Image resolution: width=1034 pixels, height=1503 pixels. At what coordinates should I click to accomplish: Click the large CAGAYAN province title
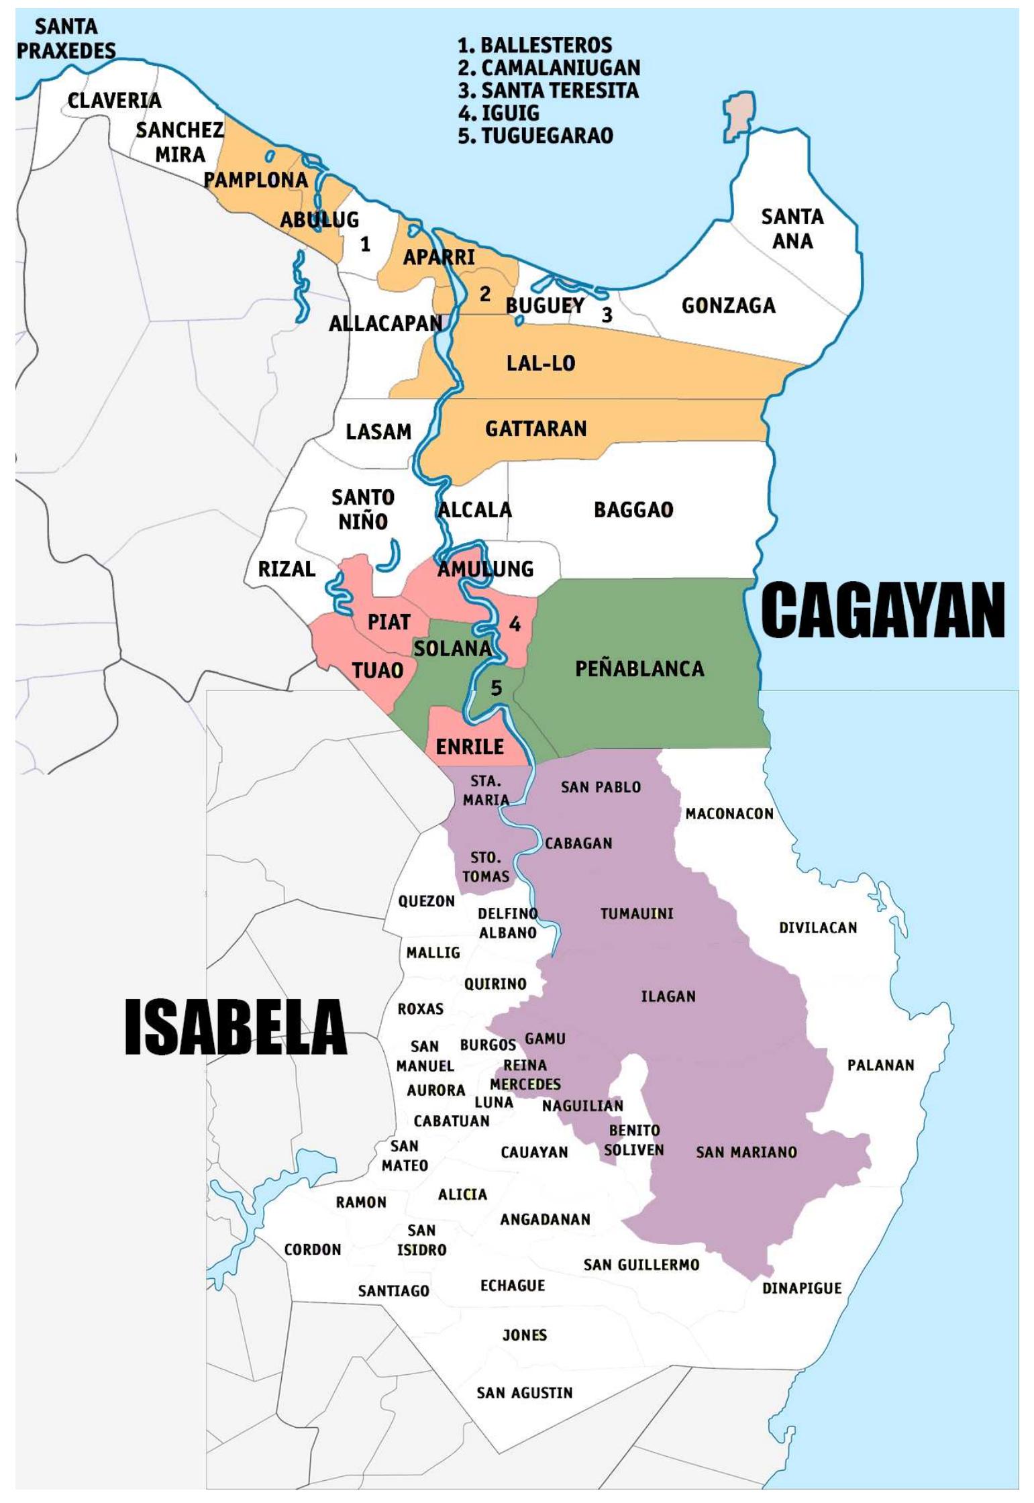pyautogui.click(x=882, y=610)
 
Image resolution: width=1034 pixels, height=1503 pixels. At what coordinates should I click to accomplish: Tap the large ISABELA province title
pyautogui.click(x=236, y=1026)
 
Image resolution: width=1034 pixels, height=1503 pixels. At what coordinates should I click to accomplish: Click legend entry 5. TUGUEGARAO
pyautogui.click(x=535, y=136)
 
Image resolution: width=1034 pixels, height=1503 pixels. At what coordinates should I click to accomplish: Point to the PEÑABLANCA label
pyautogui.click(x=639, y=668)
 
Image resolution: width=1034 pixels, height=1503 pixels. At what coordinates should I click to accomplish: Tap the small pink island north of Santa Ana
pyautogui.click(x=739, y=116)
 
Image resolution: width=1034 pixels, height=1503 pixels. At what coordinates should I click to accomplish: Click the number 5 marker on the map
pyautogui.click(x=496, y=688)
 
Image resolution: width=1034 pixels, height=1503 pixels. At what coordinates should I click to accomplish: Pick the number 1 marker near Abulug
pyautogui.click(x=365, y=244)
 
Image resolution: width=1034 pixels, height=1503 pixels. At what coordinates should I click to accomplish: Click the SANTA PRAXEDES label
pyautogui.click(x=66, y=39)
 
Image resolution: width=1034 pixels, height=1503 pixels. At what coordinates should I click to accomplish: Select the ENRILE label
pyautogui.click(x=470, y=747)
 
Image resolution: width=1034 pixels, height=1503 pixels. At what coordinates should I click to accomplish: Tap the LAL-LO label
pyautogui.click(x=540, y=363)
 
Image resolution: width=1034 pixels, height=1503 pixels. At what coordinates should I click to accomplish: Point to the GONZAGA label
pyautogui.click(x=729, y=306)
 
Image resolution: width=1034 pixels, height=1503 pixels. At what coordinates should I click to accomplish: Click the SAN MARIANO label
pyautogui.click(x=746, y=1152)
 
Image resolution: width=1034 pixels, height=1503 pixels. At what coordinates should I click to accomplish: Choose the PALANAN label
pyautogui.click(x=880, y=1065)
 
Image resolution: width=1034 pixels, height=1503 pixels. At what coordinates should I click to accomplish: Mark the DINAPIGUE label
pyautogui.click(x=801, y=1288)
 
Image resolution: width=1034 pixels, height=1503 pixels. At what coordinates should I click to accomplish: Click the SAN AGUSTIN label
pyautogui.click(x=524, y=1393)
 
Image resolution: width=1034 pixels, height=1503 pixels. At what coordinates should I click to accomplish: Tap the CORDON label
pyautogui.click(x=313, y=1249)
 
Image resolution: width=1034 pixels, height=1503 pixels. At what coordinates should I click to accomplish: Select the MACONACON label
pyautogui.click(x=729, y=814)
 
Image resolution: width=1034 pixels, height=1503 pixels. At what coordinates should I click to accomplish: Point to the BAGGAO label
pyautogui.click(x=633, y=510)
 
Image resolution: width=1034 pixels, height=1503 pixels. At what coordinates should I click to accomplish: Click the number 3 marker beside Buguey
pyautogui.click(x=607, y=315)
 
